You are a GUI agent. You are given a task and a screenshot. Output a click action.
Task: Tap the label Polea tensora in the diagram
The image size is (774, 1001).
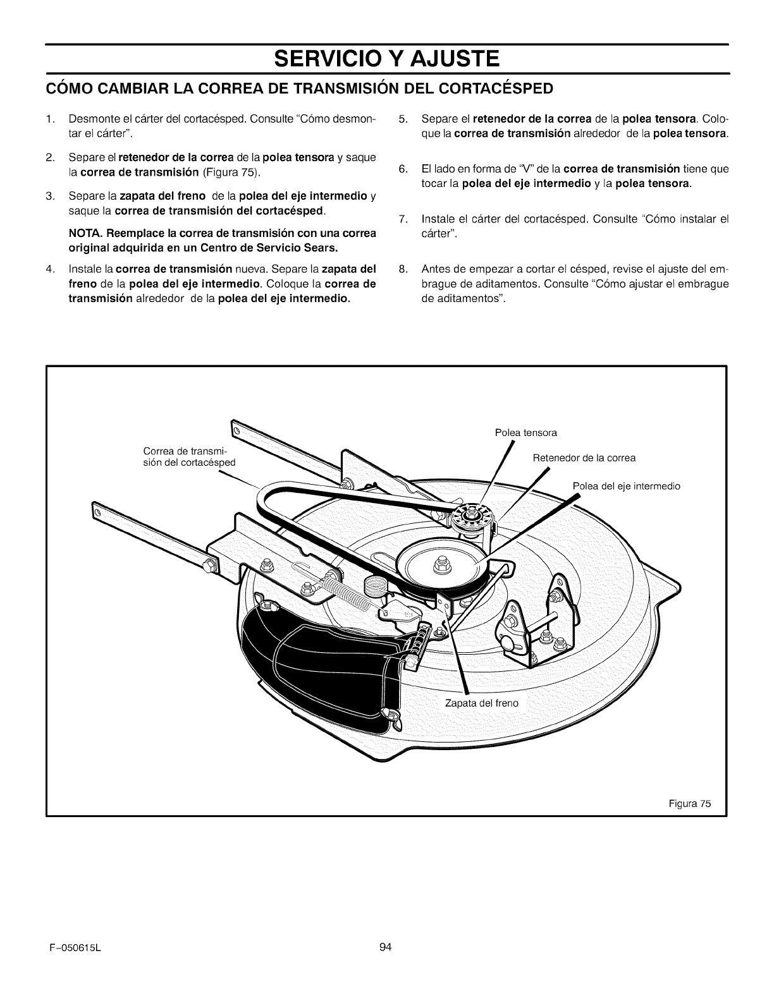pos(525,433)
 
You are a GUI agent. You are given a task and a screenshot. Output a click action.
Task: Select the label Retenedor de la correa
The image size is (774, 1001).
pos(584,458)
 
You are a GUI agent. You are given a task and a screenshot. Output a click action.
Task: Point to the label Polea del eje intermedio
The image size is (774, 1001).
pos(626,486)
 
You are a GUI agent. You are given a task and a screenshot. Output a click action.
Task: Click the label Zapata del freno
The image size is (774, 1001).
pos(481,703)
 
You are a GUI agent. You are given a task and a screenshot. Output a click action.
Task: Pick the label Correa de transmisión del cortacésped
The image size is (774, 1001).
pos(189,456)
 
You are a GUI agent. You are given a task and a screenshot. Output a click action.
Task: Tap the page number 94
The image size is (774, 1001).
pos(386,946)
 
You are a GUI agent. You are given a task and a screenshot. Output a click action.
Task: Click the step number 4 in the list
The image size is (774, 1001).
pos(49,270)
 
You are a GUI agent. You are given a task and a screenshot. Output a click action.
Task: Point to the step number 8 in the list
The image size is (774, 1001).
pos(403,270)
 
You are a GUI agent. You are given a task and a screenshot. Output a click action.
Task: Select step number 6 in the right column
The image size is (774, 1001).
pos(403,169)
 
